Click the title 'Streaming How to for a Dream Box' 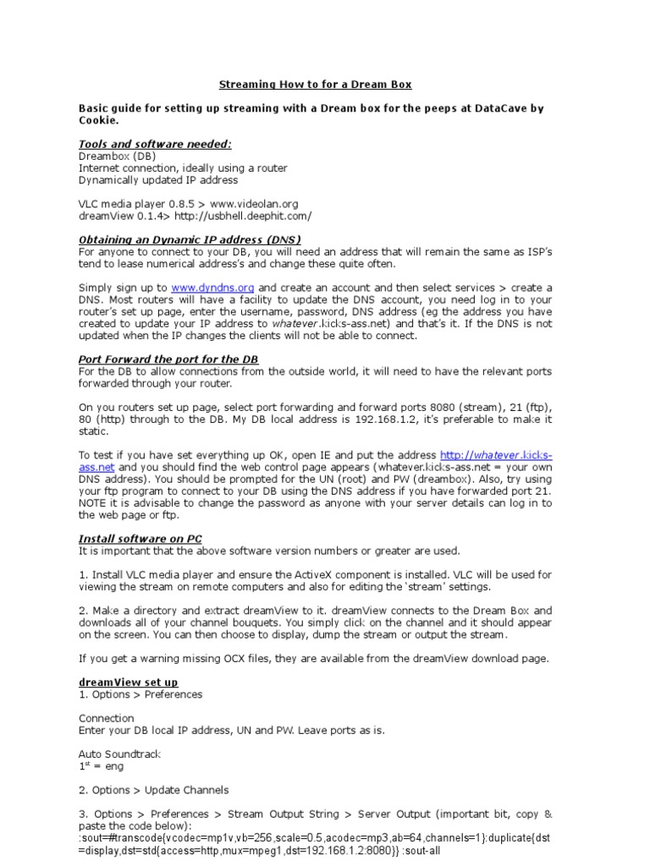click(x=316, y=85)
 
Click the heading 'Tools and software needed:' click(x=155, y=144)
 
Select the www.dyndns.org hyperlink click(x=212, y=288)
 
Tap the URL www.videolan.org click(x=254, y=204)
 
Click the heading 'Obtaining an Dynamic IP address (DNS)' click(x=190, y=239)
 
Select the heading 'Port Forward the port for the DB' click(x=168, y=359)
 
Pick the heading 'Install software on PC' click(x=140, y=539)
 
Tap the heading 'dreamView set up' click(x=129, y=682)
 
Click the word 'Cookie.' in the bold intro click(x=99, y=120)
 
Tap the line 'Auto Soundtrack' click(x=119, y=754)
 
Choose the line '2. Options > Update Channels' click(x=153, y=790)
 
